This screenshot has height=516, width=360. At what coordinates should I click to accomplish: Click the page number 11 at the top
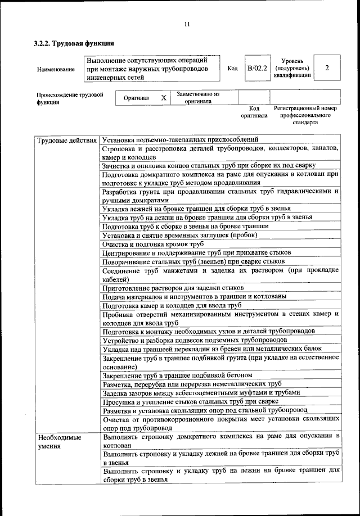(187, 24)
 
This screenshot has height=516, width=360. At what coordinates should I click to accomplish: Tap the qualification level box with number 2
(327, 68)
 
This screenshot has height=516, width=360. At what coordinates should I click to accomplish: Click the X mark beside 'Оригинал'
(164, 98)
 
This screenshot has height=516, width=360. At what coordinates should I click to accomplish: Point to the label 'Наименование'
(55, 69)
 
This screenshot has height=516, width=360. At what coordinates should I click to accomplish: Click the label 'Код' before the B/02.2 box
(232, 69)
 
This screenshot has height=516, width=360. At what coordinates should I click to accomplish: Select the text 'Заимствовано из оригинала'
(197, 98)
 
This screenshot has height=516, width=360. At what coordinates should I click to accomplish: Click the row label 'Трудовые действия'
(66, 139)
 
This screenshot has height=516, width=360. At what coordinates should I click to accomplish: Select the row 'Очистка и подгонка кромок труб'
(152, 245)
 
